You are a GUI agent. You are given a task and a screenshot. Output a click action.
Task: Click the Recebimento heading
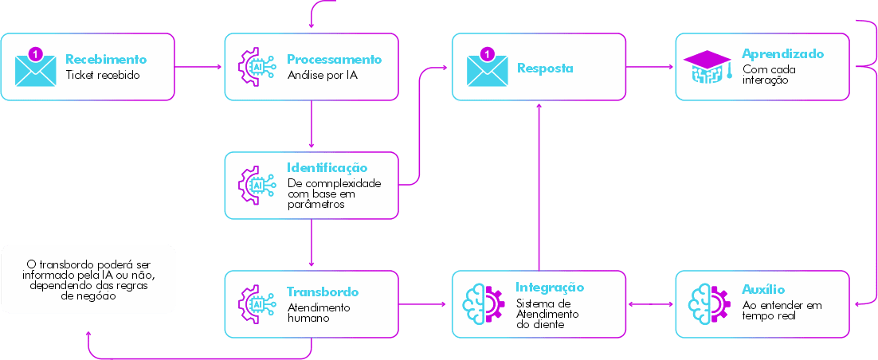click(106, 59)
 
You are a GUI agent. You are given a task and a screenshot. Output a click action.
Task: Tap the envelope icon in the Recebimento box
click(36, 68)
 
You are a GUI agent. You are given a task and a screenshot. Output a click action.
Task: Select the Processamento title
click(334, 59)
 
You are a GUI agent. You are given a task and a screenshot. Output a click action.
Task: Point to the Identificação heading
click(327, 167)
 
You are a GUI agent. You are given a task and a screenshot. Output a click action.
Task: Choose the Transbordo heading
click(322, 292)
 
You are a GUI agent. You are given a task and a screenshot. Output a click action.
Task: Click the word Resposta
click(545, 68)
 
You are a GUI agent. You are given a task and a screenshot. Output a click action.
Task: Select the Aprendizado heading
click(782, 54)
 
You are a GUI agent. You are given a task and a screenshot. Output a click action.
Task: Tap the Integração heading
click(550, 287)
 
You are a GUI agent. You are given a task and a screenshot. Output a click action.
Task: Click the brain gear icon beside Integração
click(484, 303)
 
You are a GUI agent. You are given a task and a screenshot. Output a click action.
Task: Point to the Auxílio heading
click(763, 290)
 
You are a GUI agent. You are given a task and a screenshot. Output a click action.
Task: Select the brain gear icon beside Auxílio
click(709, 303)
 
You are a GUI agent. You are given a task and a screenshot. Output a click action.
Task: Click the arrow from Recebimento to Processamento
click(198, 67)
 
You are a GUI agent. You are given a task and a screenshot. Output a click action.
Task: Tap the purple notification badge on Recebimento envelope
click(33, 53)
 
